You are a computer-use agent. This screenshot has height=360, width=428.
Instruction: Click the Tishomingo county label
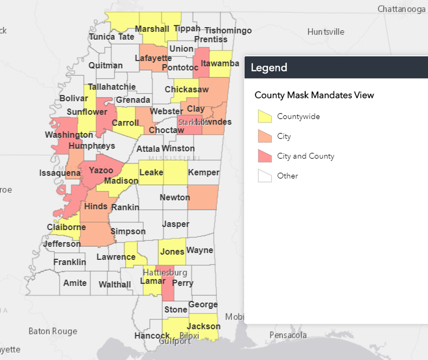(x=228, y=30)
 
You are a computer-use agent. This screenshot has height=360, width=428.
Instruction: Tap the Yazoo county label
(x=101, y=170)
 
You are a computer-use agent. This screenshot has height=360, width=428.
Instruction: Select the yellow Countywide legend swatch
(x=265, y=117)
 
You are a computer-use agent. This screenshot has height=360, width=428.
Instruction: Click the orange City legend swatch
(x=265, y=136)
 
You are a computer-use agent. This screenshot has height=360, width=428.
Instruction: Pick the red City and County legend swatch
(x=265, y=156)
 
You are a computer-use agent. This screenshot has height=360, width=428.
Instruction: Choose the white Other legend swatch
(x=265, y=176)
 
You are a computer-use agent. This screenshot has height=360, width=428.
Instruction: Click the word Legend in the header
(x=269, y=68)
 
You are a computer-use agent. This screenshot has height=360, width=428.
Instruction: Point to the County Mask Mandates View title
(x=314, y=95)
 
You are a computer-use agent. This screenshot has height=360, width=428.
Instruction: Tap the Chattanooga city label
(x=401, y=9)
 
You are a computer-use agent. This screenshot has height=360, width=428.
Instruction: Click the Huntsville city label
(x=326, y=32)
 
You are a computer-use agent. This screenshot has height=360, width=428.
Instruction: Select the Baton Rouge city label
(x=53, y=331)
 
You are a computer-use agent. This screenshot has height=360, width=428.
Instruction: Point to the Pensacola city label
(x=288, y=335)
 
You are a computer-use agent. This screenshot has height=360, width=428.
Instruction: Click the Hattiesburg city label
(x=165, y=272)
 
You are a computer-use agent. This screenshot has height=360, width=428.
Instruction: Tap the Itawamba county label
(x=220, y=64)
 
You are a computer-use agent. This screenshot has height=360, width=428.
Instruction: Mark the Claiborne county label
(x=67, y=227)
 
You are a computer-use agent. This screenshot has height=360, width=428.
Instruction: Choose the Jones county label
(x=172, y=252)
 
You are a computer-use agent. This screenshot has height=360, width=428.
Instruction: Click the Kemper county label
(x=203, y=173)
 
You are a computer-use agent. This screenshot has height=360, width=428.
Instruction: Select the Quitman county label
(x=105, y=66)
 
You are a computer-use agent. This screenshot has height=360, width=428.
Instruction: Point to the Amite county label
(x=75, y=283)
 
